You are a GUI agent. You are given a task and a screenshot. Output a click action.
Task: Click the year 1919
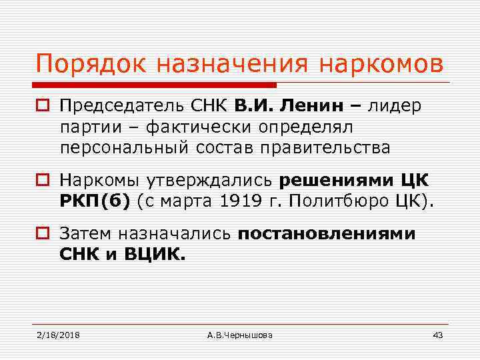point(241,201)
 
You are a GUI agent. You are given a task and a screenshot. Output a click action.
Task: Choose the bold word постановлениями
point(327,234)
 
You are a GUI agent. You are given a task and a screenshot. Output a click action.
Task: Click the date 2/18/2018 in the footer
point(58,334)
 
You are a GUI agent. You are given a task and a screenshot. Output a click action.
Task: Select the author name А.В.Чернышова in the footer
point(240,334)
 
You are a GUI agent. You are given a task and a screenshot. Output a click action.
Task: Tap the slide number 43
point(437,334)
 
